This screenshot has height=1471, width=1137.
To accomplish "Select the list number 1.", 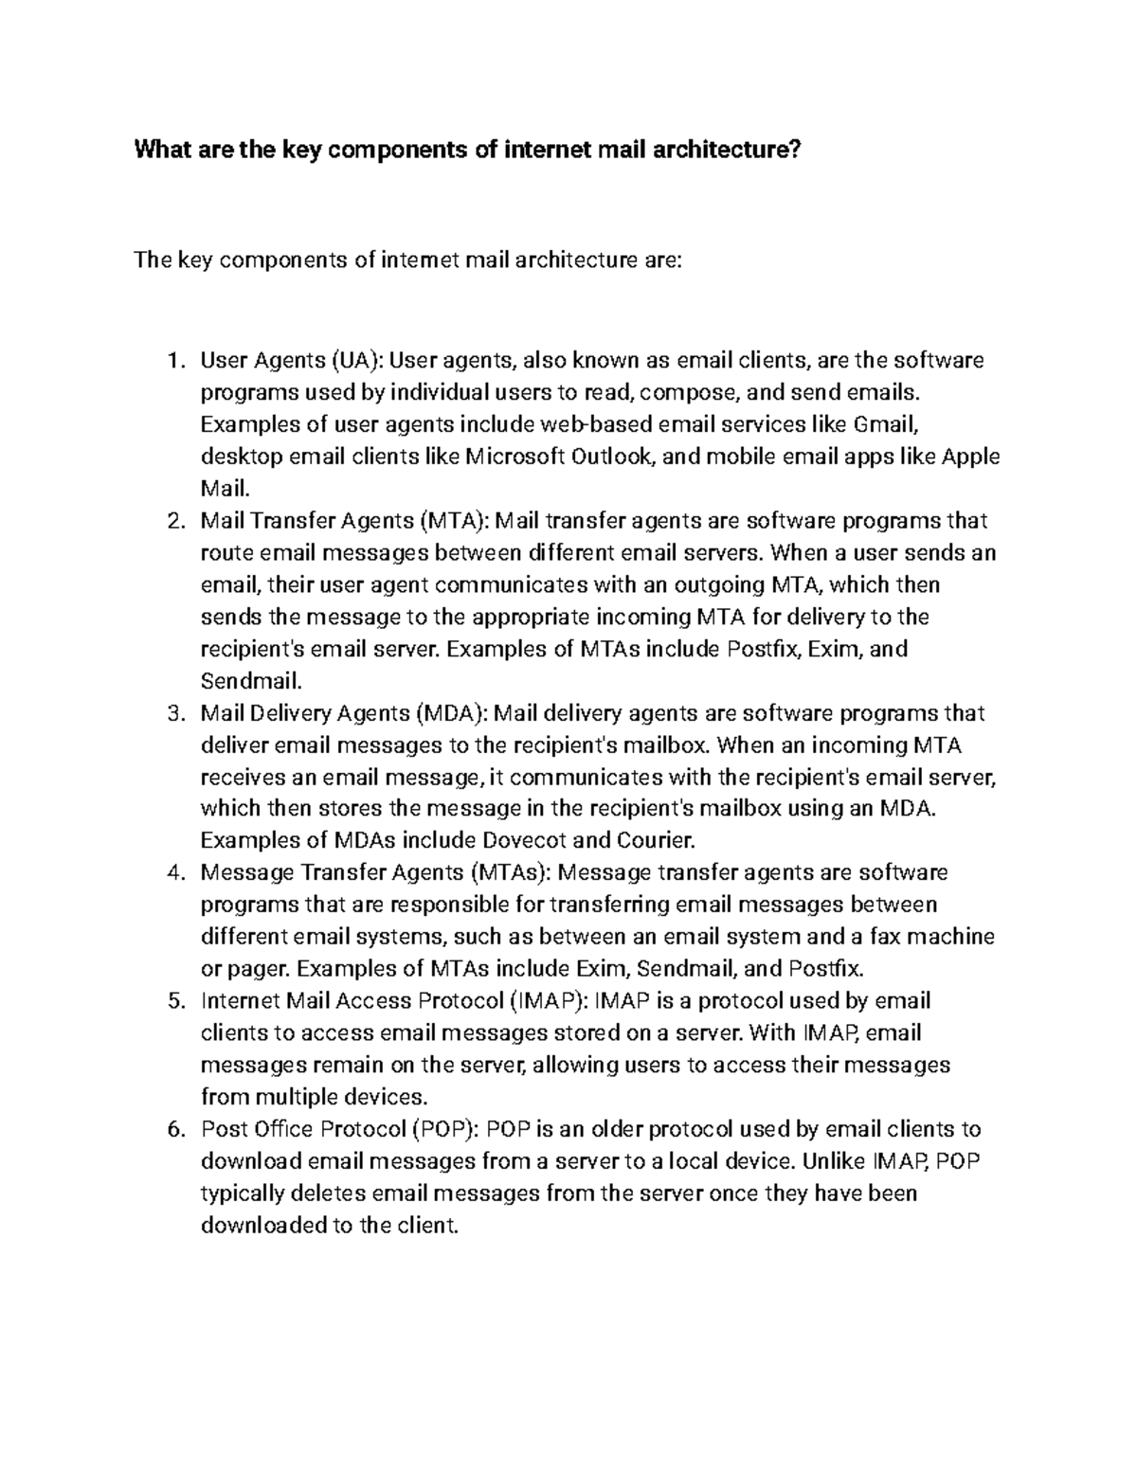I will [x=171, y=361].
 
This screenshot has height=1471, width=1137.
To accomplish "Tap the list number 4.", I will [x=171, y=872].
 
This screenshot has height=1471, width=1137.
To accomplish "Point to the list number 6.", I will [x=171, y=1129].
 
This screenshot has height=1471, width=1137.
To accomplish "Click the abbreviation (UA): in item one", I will [x=356, y=361].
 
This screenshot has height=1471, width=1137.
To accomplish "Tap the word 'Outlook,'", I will [x=614, y=457].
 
